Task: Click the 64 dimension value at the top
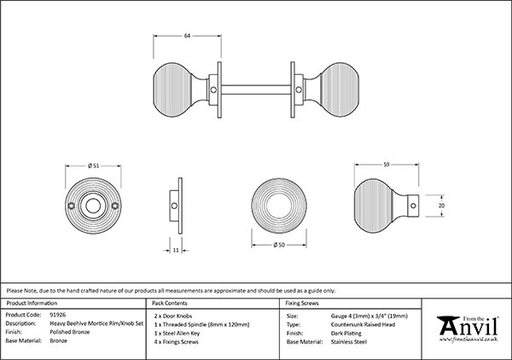187,36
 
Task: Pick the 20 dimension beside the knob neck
441,205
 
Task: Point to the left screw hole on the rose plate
73,206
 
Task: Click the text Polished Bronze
70,333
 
